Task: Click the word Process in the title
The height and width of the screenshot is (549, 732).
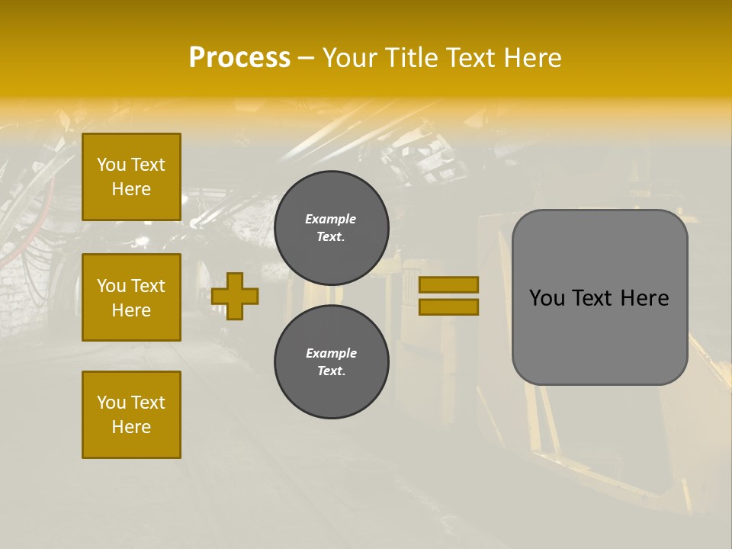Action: click(239, 58)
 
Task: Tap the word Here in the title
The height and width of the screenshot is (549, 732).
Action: click(531, 58)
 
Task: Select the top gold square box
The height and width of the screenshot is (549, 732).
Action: click(131, 177)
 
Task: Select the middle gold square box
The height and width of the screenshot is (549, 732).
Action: click(131, 297)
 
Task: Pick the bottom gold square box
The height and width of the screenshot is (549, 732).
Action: click(131, 415)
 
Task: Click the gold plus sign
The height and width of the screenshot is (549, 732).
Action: click(235, 296)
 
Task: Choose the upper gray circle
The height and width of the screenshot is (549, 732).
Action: click(332, 228)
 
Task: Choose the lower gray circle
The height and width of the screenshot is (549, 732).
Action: click(332, 362)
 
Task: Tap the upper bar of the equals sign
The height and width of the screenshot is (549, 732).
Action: click(449, 284)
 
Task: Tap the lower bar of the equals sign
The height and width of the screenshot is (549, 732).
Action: click(449, 307)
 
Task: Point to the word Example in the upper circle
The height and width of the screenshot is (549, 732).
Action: click(330, 219)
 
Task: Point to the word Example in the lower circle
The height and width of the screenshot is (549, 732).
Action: click(331, 353)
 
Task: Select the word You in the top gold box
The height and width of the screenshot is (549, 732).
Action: click(111, 165)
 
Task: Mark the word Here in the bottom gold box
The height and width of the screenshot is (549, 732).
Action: click(131, 427)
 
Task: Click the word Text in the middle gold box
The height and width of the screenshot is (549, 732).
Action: click(148, 286)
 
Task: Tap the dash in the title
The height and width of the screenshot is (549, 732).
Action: click(307, 58)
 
